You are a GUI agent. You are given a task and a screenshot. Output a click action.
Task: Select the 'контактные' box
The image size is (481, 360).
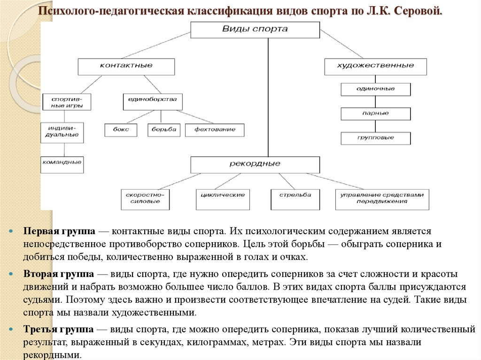click(126, 66)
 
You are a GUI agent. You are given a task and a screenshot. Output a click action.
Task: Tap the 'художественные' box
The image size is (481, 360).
click(375, 66)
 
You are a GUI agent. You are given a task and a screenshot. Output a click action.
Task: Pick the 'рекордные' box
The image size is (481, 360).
click(255, 164)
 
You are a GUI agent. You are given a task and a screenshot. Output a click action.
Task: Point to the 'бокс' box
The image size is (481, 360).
click(121, 130)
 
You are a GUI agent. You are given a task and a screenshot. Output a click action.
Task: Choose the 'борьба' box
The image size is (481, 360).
click(163, 130)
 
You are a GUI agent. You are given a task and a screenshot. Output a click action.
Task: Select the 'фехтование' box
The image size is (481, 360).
click(214, 130)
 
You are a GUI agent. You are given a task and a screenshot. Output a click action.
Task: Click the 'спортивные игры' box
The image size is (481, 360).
click(66, 102)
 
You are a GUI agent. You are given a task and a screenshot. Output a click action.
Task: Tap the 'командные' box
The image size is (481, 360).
click(62, 163)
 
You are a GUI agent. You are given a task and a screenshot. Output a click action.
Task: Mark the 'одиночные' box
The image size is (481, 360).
click(375, 89)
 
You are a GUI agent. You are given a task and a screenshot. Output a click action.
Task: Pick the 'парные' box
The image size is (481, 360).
click(375, 114)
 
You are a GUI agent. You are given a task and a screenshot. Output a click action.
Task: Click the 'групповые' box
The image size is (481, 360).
click(375, 138)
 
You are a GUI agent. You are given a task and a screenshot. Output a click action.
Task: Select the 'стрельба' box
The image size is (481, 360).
click(295, 195)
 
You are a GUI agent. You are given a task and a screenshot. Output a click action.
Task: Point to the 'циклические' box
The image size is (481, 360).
click(223, 195)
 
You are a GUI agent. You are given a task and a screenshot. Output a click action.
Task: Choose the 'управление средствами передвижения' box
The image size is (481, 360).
click(382, 198)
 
